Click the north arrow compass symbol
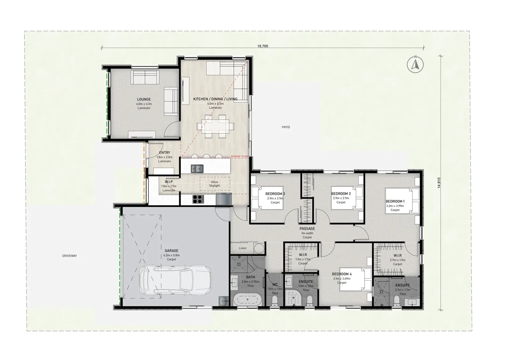point(415,65)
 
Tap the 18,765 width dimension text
point(263,46)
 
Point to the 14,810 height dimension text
point(439,183)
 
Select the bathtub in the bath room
point(248,300)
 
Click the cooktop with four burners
point(198,199)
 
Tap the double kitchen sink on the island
point(197,169)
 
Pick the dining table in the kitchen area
point(215,126)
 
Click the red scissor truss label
point(240,156)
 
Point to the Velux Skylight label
point(214,184)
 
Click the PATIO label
point(286,127)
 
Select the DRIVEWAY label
point(70,256)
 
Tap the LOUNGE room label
point(144,99)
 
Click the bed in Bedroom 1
point(402,201)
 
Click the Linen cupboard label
point(242,248)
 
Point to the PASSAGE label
point(307,228)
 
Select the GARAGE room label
point(171,251)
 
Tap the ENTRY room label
point(164,153)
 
